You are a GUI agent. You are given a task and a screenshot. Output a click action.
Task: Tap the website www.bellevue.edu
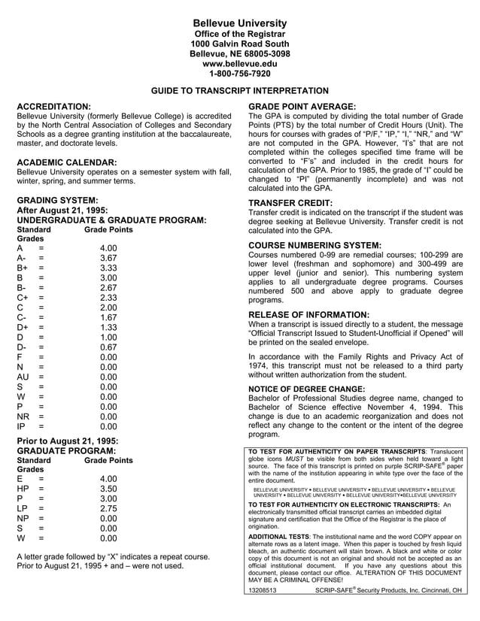[239, 64]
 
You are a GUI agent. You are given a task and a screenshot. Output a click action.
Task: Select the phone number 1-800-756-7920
[239, 74]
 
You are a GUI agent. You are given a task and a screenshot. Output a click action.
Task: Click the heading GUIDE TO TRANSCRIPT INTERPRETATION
[239, 90]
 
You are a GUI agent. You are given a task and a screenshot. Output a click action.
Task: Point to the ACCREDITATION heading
[53, 107]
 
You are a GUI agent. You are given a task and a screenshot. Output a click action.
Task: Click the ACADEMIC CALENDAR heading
[66, 162]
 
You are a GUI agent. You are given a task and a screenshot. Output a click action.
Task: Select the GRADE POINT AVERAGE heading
[302, 107]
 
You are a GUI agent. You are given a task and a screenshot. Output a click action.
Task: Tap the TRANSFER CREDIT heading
[290, 203]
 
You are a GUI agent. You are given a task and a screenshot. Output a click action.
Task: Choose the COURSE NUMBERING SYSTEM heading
[314, 245]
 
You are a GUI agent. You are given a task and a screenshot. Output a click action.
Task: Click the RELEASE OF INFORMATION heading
[308, 314]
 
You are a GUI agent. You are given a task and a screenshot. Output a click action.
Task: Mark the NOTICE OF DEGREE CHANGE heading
[306, 389]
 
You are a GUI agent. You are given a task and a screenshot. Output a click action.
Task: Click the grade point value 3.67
[108, 258]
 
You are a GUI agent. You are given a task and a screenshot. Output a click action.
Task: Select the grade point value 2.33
[108, 297]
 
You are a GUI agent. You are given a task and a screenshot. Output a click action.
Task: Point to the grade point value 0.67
[108, 347]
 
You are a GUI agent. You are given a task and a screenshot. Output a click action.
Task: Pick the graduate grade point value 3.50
[108, 488]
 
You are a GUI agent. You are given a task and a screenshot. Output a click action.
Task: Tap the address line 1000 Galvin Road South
[239, 44]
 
